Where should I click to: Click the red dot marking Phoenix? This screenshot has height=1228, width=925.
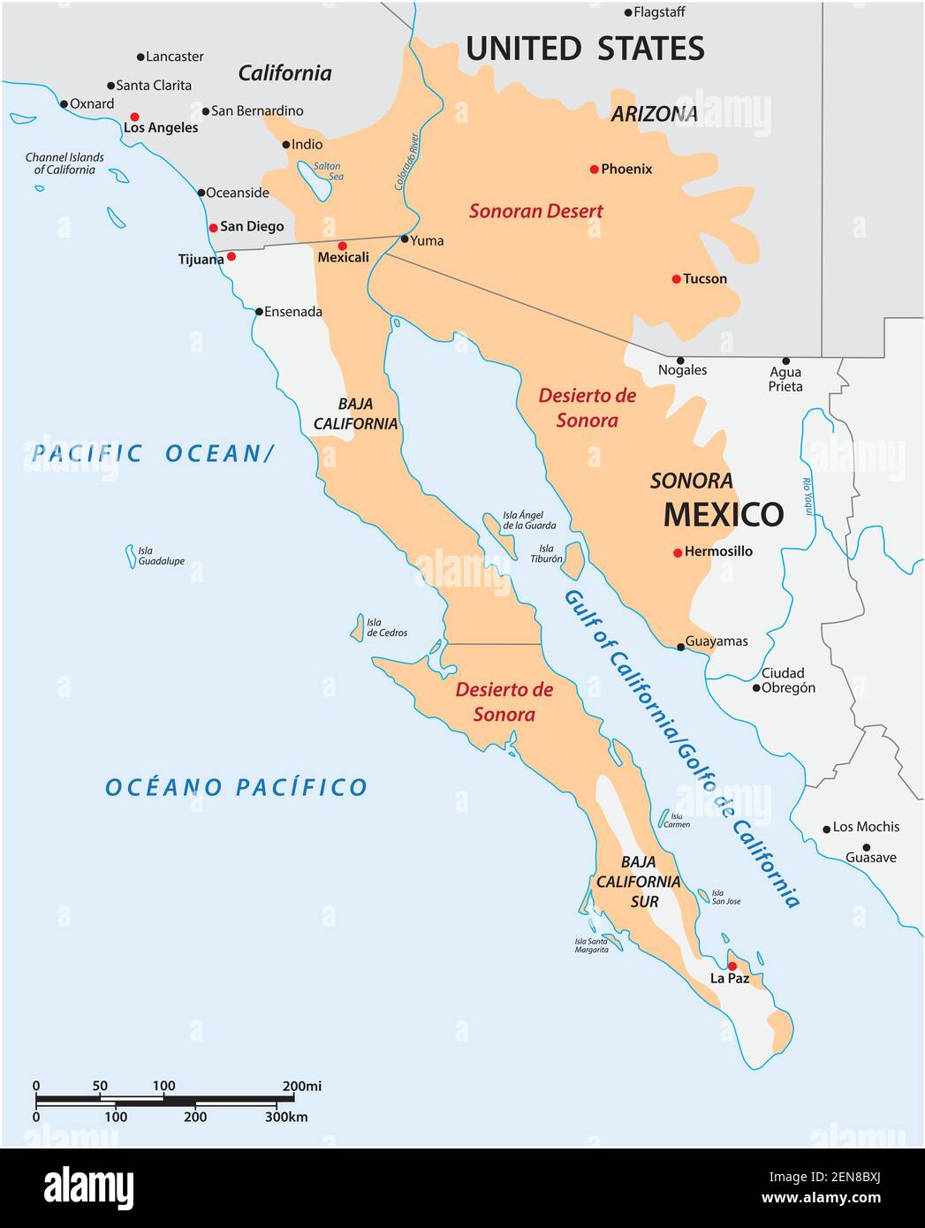coord(595,169)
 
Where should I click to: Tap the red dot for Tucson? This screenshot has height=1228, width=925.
coord(676,279)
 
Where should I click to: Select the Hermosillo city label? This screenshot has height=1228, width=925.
coord(718,551)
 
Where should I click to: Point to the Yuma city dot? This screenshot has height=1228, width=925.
coord(405,239)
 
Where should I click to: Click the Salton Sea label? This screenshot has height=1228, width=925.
coord(328,171)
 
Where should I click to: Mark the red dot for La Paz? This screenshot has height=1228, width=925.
coord(732,966)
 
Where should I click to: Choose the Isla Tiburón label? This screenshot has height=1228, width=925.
coord(546,554)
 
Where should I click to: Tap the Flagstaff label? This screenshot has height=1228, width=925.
coord(659,12)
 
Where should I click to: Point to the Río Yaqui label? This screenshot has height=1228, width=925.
coord(806,497)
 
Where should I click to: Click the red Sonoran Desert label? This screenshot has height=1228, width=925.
coord(535,211)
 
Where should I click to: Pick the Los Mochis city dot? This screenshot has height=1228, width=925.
coord(827,829)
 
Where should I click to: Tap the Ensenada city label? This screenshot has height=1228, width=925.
coord(293,312)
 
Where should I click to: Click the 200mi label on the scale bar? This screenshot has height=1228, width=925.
coord(301,1086)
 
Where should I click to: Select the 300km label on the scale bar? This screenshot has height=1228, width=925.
coord(286,1117)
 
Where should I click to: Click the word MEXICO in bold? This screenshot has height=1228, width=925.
coord(723,514)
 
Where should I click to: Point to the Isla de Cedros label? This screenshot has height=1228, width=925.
coord(387,627)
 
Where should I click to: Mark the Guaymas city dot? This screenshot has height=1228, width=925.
coord(680,647)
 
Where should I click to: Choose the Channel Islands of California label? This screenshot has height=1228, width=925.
coord(64,163)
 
